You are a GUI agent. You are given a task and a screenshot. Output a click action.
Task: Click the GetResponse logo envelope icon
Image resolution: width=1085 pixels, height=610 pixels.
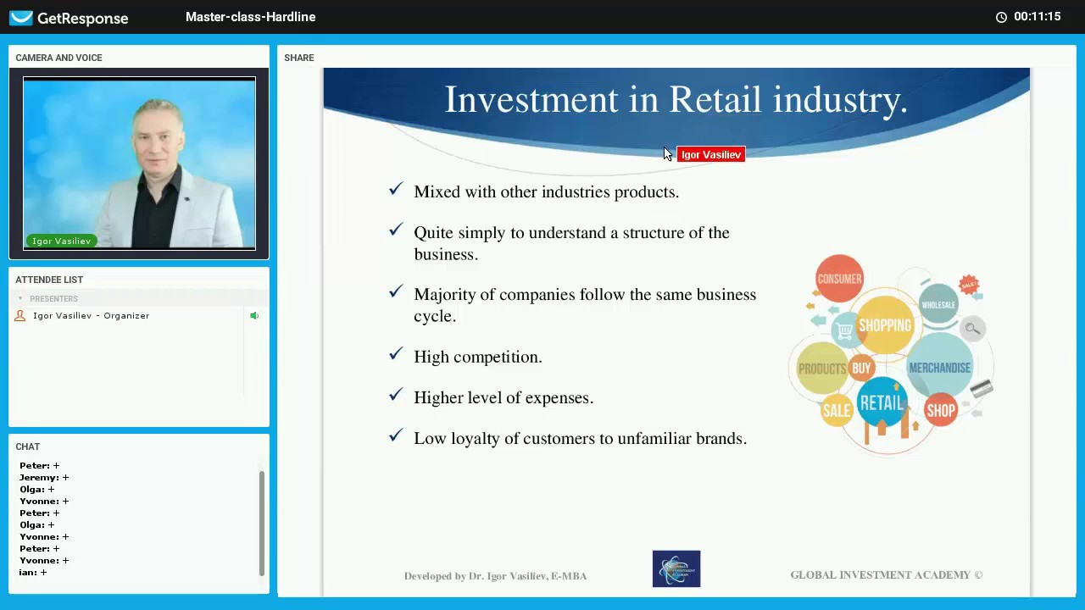tap(21, 18)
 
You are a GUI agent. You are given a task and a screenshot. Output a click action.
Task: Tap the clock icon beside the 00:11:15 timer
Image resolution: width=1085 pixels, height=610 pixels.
tap(1001, 17)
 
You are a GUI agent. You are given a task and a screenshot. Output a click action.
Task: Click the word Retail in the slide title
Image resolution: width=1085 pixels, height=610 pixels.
tap(715, 100)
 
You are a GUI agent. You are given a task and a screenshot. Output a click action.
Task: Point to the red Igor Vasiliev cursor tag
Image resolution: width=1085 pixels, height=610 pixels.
tap(711, 155)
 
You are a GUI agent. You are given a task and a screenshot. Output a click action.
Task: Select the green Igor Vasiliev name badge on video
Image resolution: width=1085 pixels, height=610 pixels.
tap(61, 241)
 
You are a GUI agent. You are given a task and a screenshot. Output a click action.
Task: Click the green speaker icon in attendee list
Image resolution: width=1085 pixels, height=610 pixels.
tap(253, 316)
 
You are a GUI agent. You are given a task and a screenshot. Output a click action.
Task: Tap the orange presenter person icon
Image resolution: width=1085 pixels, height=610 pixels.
tap(20, 316)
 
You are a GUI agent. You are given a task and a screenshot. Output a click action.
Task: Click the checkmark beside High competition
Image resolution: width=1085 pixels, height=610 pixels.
tap(396, 354)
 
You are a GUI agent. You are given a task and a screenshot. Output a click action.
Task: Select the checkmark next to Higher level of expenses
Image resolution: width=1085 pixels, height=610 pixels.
tap(396, 395)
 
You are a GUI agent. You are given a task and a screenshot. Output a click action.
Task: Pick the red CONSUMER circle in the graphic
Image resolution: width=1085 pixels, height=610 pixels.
tap(839, 279)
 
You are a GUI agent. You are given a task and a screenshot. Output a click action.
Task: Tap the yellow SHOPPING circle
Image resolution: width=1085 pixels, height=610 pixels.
tap(884, 325)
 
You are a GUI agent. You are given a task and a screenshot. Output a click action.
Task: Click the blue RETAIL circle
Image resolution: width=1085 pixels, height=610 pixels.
tap(882, 403)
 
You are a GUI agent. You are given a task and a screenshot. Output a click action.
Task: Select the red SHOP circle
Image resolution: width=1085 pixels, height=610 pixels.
tap(941, 411)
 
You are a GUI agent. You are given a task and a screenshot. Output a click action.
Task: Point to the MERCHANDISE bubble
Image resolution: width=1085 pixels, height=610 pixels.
tap(939, 368)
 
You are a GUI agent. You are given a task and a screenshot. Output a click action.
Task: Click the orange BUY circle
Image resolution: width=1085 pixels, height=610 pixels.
tap(861, 368)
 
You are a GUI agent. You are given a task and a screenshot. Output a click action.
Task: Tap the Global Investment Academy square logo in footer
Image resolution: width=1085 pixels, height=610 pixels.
tap(676, 569)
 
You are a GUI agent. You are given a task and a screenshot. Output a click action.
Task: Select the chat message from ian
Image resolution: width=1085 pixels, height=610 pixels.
tap(33, 573)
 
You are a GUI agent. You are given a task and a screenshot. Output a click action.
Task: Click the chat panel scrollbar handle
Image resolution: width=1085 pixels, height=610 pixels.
tap(262, 523)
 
